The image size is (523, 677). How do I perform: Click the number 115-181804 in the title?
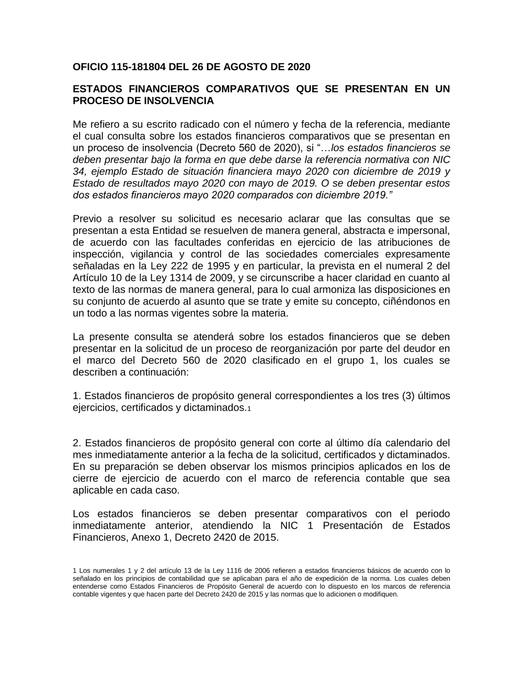138,67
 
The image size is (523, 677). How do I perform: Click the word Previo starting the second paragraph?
87,219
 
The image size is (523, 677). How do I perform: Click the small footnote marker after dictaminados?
249,409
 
